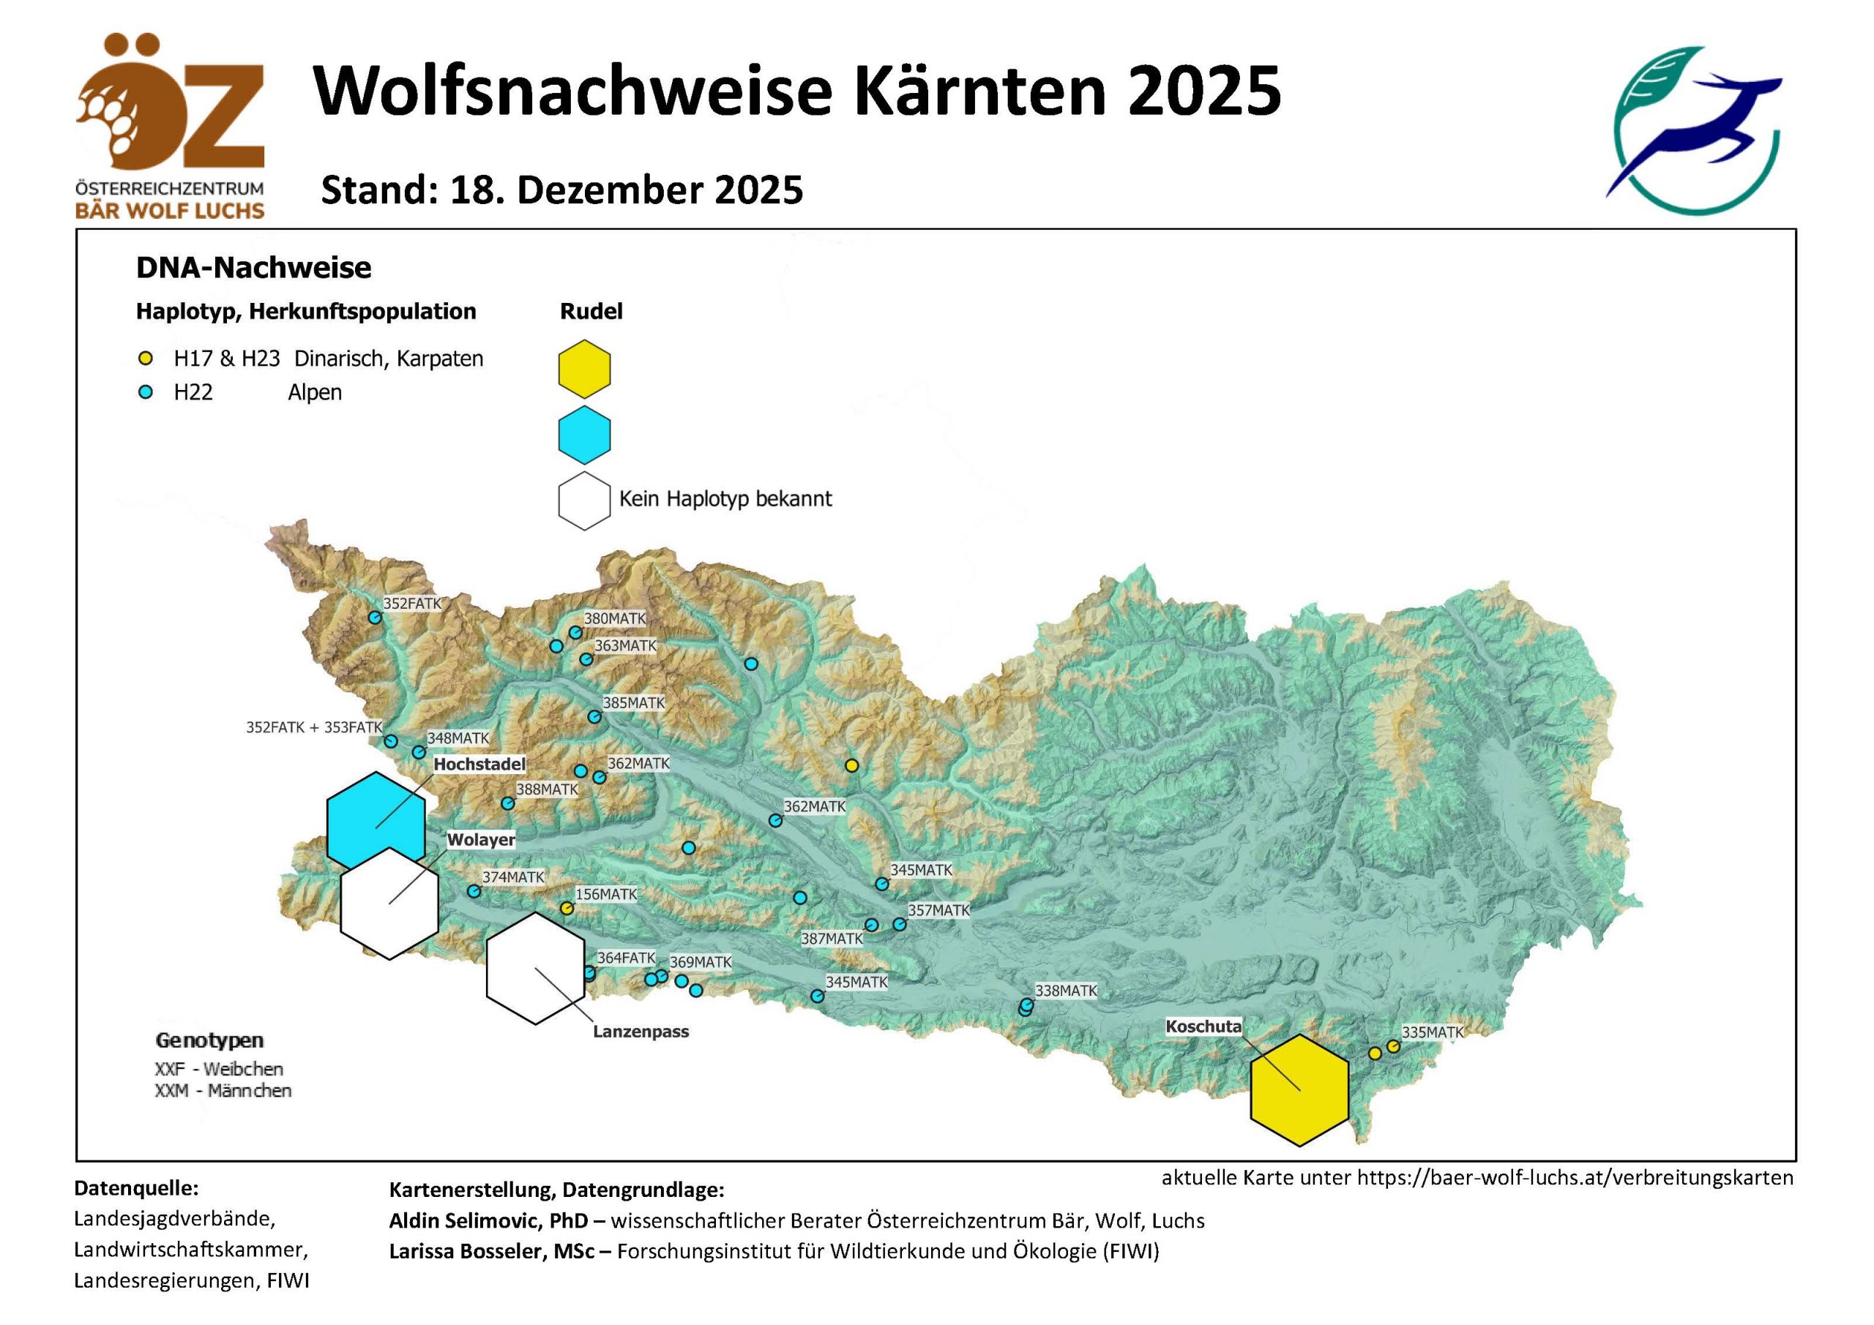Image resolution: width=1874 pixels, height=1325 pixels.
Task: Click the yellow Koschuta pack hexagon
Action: (x=1299, y=1091)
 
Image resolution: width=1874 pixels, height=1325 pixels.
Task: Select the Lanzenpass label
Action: (x=641, y=1032)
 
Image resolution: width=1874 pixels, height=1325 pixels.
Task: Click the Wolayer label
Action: (x=481, y=839)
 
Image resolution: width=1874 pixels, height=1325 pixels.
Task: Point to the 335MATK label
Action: (x=1433, y=1032)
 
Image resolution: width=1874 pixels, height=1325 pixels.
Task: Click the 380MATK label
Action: (x=615, y=618)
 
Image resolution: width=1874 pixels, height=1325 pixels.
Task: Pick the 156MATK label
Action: (x=606, y=894)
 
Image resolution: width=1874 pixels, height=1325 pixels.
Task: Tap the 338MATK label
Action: (x=1066, y=991)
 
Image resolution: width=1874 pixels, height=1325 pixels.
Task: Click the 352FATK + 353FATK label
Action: (x=314, y=727)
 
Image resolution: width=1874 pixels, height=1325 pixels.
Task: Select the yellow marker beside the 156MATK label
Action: (x=567, y=908)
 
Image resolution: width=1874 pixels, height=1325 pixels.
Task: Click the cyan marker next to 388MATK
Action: (x=508, y=803)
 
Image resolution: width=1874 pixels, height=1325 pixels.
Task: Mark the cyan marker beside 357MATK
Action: (x=900, y=924)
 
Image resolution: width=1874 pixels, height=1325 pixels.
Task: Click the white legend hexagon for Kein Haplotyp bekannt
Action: (x=584, y=501)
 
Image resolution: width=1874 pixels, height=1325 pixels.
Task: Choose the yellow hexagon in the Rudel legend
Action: (x=584, y=369)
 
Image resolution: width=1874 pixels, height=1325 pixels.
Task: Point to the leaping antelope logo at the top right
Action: (x=1694, y=130)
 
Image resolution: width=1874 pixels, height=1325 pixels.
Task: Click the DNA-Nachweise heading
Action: (x=254, y=268)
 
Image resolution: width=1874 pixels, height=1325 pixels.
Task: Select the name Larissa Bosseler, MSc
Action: (x=491, y=1251)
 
